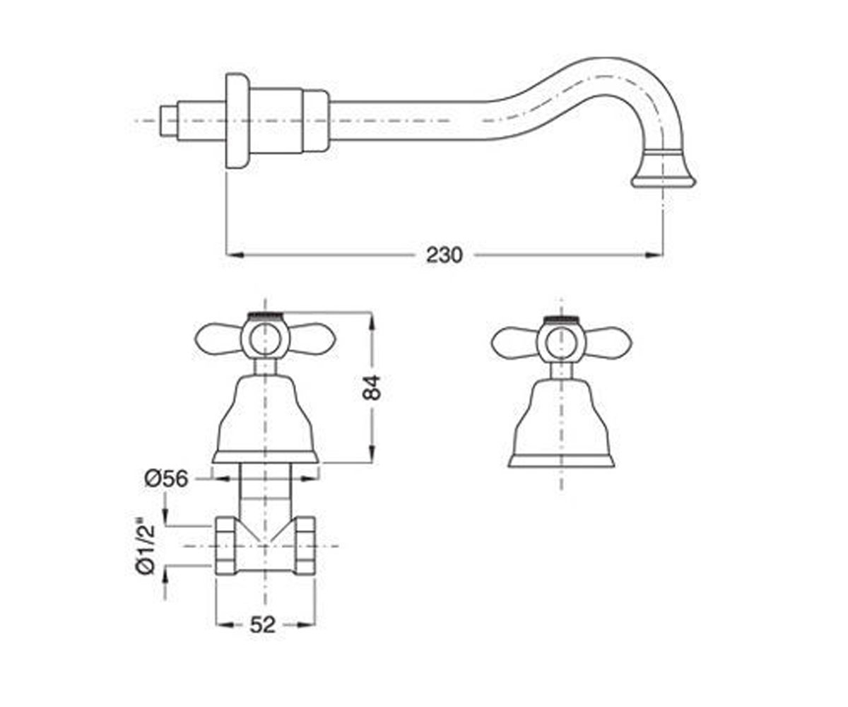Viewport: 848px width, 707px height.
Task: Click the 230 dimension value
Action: coord(444,255)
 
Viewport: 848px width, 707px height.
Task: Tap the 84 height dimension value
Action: coord(372,387)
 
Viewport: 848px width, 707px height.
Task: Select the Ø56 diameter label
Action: coord(167,479)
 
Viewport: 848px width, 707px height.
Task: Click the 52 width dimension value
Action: coord(263,624)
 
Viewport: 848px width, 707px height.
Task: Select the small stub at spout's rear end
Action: coord(170,121)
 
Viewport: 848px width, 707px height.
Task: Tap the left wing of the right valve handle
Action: coord(515,341)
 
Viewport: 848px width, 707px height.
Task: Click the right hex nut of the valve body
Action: coord(303,546)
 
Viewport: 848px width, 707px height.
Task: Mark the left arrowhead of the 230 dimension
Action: coord(235,255)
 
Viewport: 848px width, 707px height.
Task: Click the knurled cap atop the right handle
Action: coord(561,318)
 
